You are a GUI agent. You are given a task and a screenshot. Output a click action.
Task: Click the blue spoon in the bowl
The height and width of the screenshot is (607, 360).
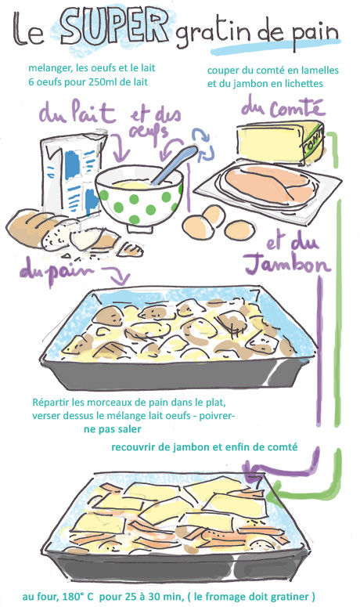pos(175,164)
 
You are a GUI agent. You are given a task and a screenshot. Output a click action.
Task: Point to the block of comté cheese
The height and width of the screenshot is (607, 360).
pos(281,142)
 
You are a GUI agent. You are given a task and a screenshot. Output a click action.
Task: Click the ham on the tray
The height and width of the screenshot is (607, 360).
pos(272,184)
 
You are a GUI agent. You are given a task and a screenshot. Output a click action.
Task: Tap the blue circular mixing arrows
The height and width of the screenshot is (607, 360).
pos(203,146)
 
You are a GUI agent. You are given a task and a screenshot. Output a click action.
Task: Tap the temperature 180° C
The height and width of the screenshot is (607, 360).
pos(77,597)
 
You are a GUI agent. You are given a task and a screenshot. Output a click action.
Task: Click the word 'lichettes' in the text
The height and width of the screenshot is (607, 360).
pos(303,84)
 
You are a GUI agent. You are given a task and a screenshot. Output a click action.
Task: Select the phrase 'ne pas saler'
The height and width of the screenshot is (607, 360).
pos(112,429)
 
